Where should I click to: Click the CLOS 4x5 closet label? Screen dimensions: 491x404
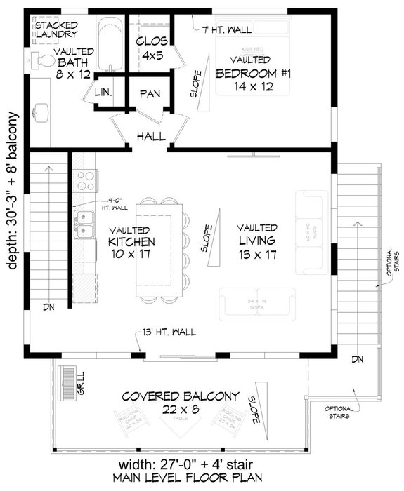(150, 46)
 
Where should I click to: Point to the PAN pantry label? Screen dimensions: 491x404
(150, 93)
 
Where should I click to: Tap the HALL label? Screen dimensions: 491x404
(150, 135)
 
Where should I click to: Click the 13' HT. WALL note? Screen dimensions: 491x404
(169, 332)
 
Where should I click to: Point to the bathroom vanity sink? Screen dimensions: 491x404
(41, 110)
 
